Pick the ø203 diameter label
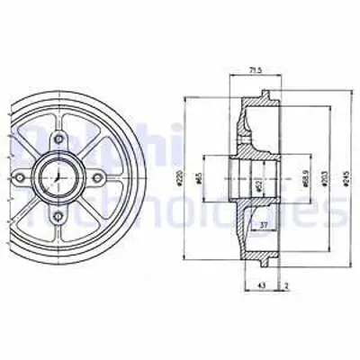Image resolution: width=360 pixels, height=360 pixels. (x=310, y=180)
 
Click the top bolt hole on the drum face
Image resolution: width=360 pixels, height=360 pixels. (x=57, y=137)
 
